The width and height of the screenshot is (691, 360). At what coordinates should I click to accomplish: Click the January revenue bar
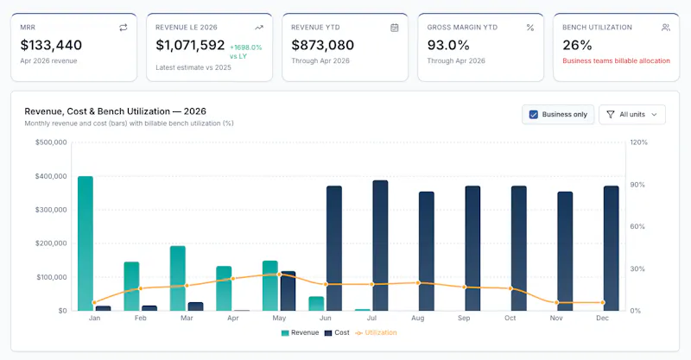pos(86,243)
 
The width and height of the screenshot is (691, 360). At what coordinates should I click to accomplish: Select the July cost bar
pos(380,245)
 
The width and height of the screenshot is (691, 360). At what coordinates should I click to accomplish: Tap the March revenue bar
pos(178,278)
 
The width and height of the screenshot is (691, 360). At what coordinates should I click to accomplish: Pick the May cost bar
pos(288,291)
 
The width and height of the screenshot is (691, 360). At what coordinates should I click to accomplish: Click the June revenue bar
pos(316,304)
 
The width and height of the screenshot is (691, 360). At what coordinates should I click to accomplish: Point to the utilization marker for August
pos(418,283)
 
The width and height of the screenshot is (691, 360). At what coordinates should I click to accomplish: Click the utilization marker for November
pos(556,303)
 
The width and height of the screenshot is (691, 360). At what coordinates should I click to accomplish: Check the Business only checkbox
pos(533,115)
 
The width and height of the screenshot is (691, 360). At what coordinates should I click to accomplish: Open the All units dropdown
pos(632,115)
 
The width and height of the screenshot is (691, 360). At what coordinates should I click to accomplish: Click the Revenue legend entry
pos(300,332)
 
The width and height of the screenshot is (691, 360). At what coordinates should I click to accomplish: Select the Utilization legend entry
pos(376,332)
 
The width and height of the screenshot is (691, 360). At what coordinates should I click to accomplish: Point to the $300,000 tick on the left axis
pos(51,210)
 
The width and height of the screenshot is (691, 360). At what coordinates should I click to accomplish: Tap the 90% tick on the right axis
pos(637,185)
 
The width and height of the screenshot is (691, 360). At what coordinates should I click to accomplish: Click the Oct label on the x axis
pos(510,319)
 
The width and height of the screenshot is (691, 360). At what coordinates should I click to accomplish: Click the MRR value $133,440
pos(51,45)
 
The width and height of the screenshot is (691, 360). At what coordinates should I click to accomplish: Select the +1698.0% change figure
pos(246,47)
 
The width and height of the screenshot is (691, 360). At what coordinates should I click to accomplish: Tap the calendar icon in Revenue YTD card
pos(395,28)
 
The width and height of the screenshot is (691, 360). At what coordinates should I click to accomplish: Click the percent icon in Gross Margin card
pos(530,28)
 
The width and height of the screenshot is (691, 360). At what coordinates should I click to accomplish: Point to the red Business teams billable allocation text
pos(616,60)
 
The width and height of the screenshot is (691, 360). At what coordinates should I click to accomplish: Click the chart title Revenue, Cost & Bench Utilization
pos(97,111)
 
